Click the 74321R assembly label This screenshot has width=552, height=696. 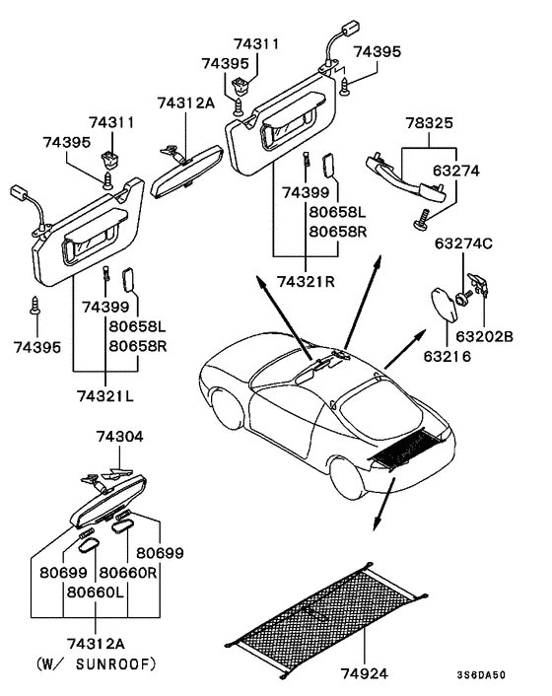tap(306, 281)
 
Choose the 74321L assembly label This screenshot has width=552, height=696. tap(106, 394)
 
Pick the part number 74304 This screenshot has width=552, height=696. tap(120, 437)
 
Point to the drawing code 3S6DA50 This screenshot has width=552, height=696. tap(481, 675)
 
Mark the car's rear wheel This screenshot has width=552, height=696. tap(350, 477)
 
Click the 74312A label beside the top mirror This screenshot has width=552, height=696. tap(184, 101)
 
